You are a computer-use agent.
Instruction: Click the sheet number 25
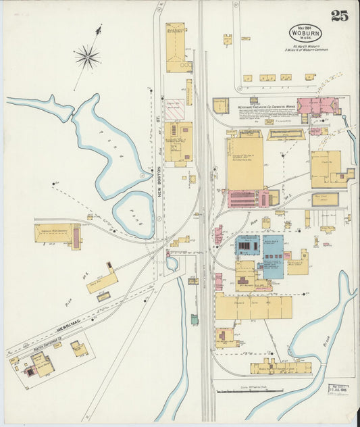pos(339,17)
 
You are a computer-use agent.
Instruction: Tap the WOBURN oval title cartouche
pos(306,33)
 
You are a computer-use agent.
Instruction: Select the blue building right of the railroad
pos(273,257)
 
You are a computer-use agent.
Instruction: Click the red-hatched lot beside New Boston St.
pos(175,109)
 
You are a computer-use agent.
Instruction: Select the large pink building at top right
pos(317,107)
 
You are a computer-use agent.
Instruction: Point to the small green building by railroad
pos(195,320)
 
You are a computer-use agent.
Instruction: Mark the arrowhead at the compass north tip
pos(100,29)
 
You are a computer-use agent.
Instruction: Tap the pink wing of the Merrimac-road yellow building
pos(76,236)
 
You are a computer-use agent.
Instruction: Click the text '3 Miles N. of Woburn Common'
pos(305,49)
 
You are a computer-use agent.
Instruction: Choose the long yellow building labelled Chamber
pos(253,306)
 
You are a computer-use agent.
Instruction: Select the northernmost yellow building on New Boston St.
pos(176,47)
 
